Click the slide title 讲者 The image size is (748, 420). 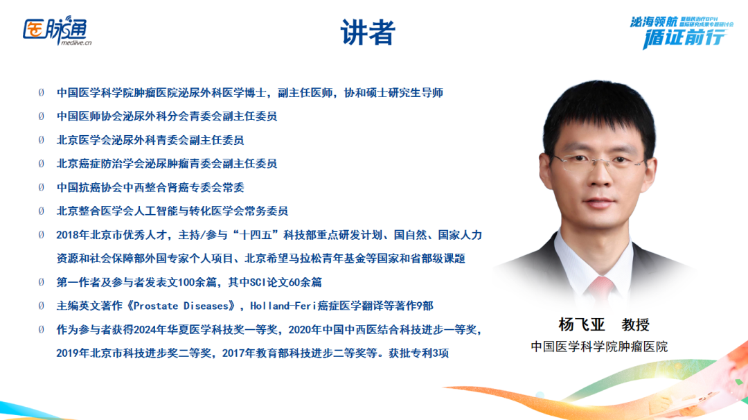point(367,33)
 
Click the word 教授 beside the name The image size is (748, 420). point(635,324)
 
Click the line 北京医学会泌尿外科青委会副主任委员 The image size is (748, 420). point(150,140)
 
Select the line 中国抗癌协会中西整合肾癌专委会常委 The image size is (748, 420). point(150,187)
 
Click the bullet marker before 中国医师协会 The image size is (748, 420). point(41,116)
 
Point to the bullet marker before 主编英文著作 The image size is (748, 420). point(41,306)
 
